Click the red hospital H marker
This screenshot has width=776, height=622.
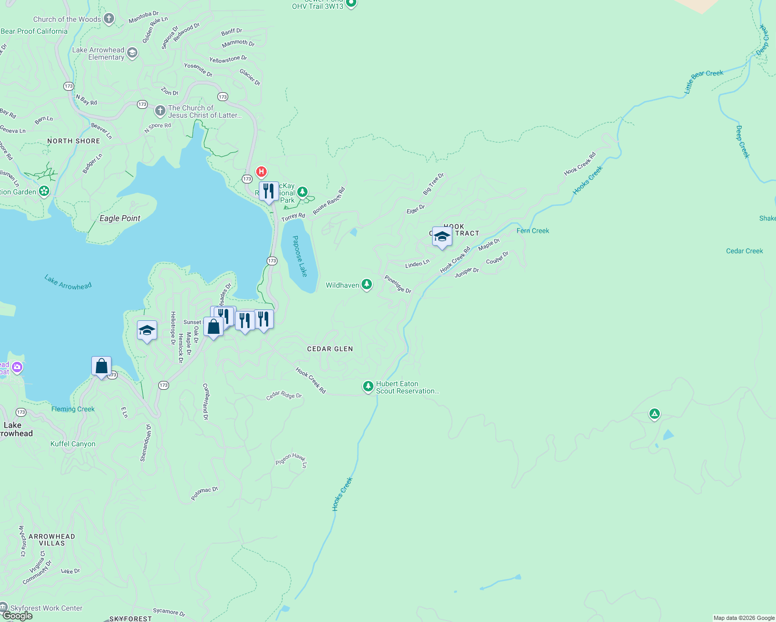pos(261,172)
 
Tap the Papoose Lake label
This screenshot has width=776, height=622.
pos(300,256)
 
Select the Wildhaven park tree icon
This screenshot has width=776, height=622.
pos(367,285)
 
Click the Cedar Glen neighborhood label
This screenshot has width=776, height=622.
pos(330,349)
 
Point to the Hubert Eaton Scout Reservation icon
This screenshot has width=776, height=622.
pos(368,387)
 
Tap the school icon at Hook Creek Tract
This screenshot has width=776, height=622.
pos(442,237)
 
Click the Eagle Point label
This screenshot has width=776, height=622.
pos(120,218)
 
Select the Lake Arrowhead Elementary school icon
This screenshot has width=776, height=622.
pos(132,53)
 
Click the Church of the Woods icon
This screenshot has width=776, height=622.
pos(108,19)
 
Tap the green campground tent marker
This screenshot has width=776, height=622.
pos(655,414)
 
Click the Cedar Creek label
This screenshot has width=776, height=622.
pos(744,251)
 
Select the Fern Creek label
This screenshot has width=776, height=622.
pos(533,231)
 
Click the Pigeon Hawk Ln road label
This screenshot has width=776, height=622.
pos(292,459)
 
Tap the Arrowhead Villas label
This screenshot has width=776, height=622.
pos(52,540)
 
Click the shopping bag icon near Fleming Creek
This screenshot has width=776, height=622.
pos(102,366)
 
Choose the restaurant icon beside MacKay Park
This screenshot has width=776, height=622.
pos(269,191)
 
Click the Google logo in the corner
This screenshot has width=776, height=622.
pos(17,616)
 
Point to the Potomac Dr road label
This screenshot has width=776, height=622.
pos(204,493)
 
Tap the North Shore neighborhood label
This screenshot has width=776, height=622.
pos(74,141)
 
